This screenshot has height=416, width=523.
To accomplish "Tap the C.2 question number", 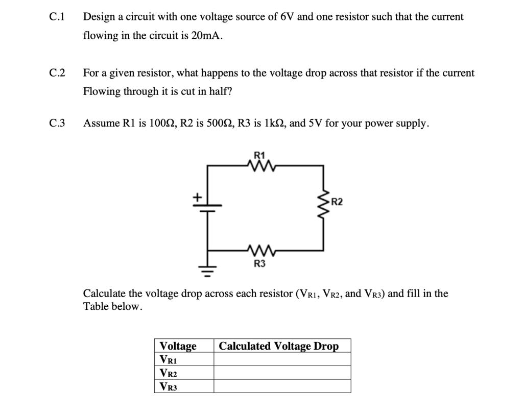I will pos(57,73).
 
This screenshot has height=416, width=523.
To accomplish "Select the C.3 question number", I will pos(57,124).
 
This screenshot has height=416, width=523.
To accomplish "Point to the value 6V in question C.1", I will pos(285,17).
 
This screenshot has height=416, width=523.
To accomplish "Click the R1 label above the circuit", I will pos(259,154).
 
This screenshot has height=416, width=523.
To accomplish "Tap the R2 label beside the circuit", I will pos(338,202).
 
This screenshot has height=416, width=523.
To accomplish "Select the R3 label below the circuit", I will pos(259,263).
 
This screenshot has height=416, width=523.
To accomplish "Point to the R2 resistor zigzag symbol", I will pos(323,202).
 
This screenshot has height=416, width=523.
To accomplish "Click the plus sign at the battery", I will pos(196,197).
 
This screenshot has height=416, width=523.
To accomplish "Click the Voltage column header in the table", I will pos(178,346).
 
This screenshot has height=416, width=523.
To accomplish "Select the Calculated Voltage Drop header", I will pos(278,346).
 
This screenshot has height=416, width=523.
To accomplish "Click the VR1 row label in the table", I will pos(169,359).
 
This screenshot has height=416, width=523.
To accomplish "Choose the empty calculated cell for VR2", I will pos(282,373).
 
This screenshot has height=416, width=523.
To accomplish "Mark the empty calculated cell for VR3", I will pos(282,386).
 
